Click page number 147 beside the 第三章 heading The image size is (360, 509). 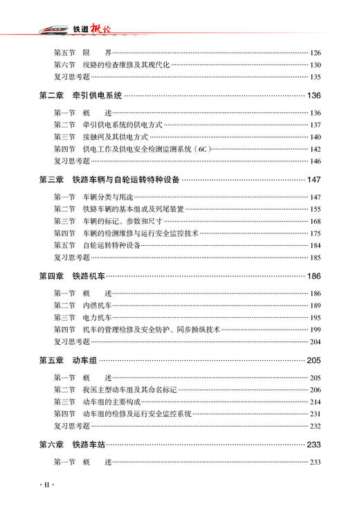tap(314, 180)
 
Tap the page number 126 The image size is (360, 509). tap(316, 53)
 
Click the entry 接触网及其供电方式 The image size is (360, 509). tap(115, 137)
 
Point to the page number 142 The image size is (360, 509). tap(316, 149)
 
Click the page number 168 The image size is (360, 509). tap(316, 221)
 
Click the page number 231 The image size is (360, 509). tap(316, 414)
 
